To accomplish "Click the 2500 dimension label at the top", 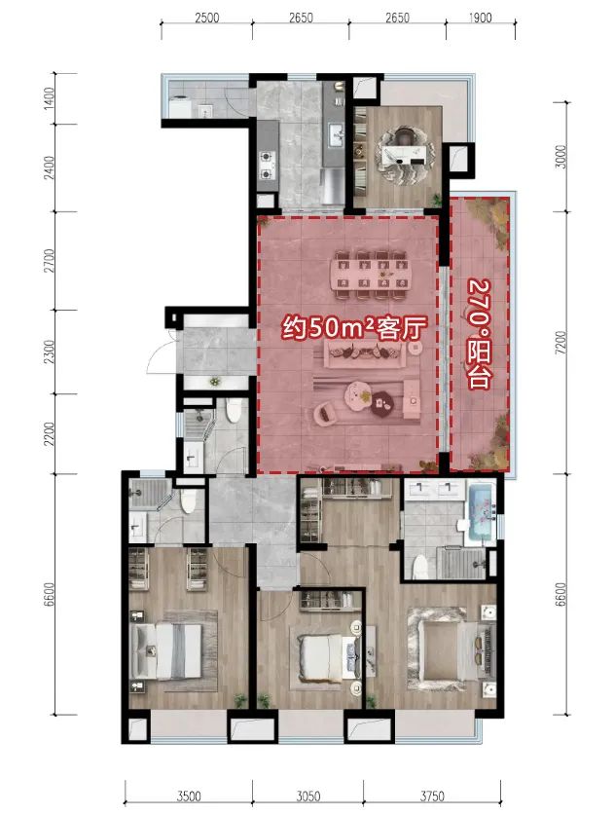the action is [206, 18].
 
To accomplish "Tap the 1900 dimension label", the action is [480, 18].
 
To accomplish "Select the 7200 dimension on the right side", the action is [560, 343].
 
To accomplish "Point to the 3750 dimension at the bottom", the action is [432, 796].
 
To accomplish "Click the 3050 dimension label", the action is [308, 796].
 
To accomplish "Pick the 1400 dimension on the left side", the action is [49, 97].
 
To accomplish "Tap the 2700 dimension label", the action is [49, 261].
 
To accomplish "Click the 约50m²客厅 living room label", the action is [354, 328].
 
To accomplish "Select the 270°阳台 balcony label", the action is [480, 334].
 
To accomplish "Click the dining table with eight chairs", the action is [370, 276].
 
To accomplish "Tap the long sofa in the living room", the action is [359, 353].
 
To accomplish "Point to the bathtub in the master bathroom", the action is [480, 515].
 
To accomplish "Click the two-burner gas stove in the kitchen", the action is [267, 165].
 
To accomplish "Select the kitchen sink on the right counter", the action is [335, 135].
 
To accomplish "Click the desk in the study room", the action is [406, 154].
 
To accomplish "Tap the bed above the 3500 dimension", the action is [166, 650].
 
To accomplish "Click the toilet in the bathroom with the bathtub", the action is [419, 567].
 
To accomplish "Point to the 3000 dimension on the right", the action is [560, 157].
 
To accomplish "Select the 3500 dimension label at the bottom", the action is [189, 796].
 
